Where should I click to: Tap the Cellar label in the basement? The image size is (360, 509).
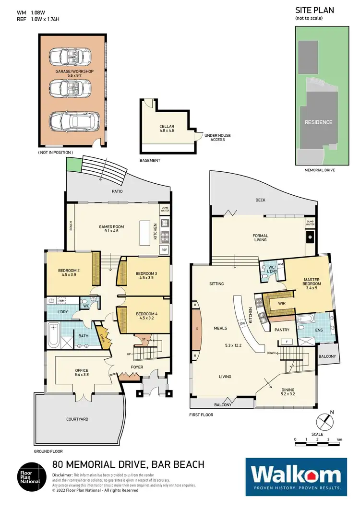click(167, 130)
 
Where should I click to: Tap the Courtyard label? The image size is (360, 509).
click(77, 419)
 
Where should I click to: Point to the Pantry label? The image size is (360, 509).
click(281, 330)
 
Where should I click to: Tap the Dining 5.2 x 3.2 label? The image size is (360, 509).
click(288, 392)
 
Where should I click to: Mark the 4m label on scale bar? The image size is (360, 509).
click(339, 439)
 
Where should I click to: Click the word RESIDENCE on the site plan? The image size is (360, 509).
click(318, 122)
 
